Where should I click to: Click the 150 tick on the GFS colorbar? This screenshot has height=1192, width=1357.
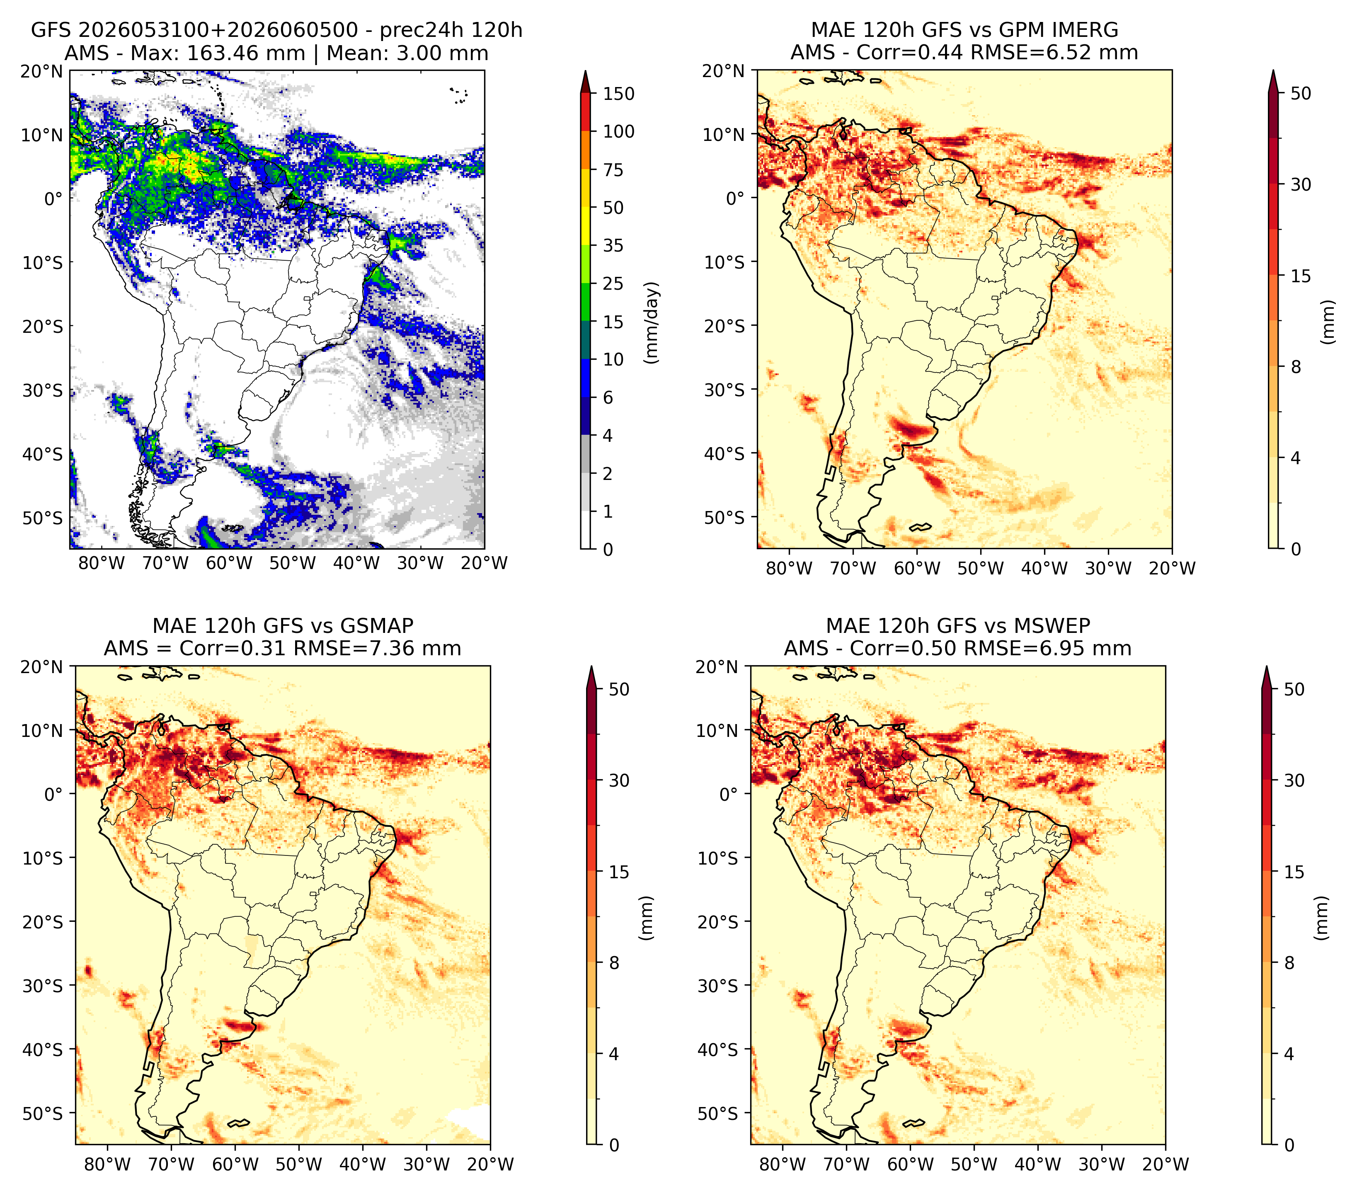(618, 94)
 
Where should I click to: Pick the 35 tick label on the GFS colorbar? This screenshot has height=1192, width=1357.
(613, 245)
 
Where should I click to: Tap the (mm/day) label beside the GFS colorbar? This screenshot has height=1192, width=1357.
(652, 322)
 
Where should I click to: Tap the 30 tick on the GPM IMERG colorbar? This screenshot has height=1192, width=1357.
(1301, 184)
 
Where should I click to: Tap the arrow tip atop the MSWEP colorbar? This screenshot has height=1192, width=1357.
(1267, 666)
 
